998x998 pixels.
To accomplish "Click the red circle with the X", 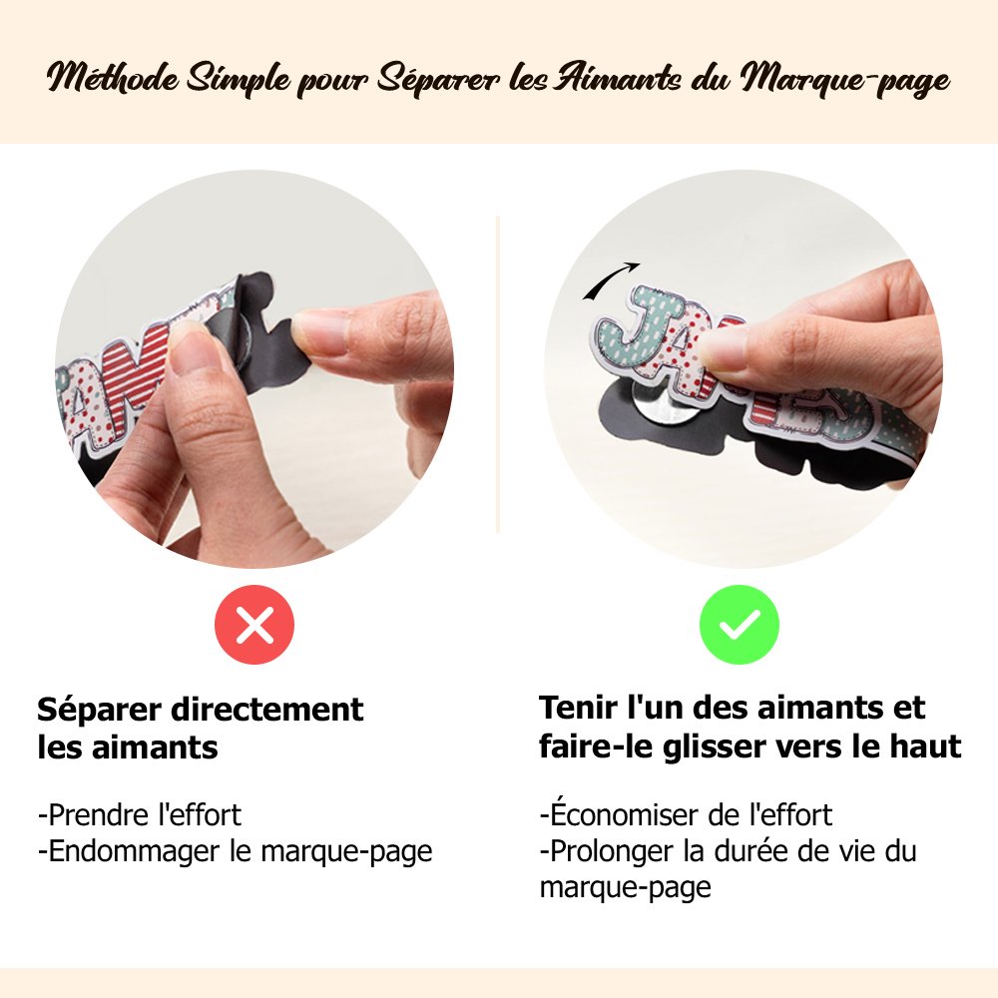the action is (x=254, y=625).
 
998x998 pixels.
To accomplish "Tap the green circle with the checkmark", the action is (x=739, y=625).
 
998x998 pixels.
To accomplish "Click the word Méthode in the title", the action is (x=113, y=78).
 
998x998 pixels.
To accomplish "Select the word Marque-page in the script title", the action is (x=845, y=81).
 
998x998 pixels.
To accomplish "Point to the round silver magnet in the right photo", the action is (x=666, y=414).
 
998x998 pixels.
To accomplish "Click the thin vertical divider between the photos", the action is (x=498, y=374).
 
